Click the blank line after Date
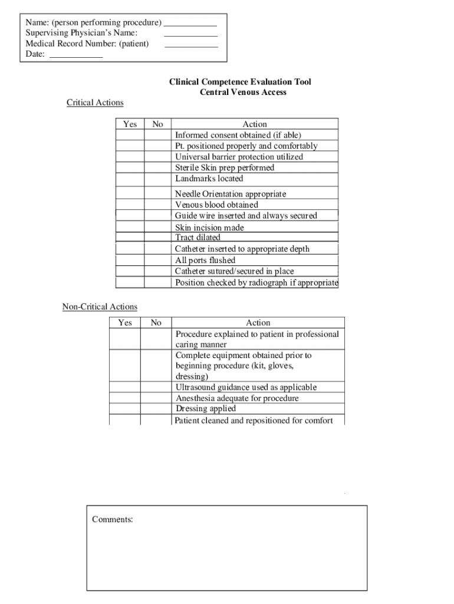tap(76, 56)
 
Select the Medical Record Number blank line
tap(191, 45)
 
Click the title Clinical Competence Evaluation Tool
tap(240, 82)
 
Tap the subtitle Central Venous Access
tap(243, 92)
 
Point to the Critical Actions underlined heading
tap(95, 103)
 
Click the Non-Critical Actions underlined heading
tap(100, 307)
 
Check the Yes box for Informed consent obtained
tap(130, 135)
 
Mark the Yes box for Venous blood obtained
tap(130, 205)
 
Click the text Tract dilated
tap(198, 238)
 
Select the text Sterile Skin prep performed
tap(225, 168)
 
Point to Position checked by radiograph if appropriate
tap(256, 283)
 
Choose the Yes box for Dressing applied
tap(124, 409)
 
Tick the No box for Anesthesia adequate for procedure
tap(156, 398)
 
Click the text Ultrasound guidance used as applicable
tap(246, 388)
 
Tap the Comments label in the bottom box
tap(113, 520)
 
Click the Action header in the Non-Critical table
tap(258, 323)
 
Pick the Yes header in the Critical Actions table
tap(130, 124)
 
